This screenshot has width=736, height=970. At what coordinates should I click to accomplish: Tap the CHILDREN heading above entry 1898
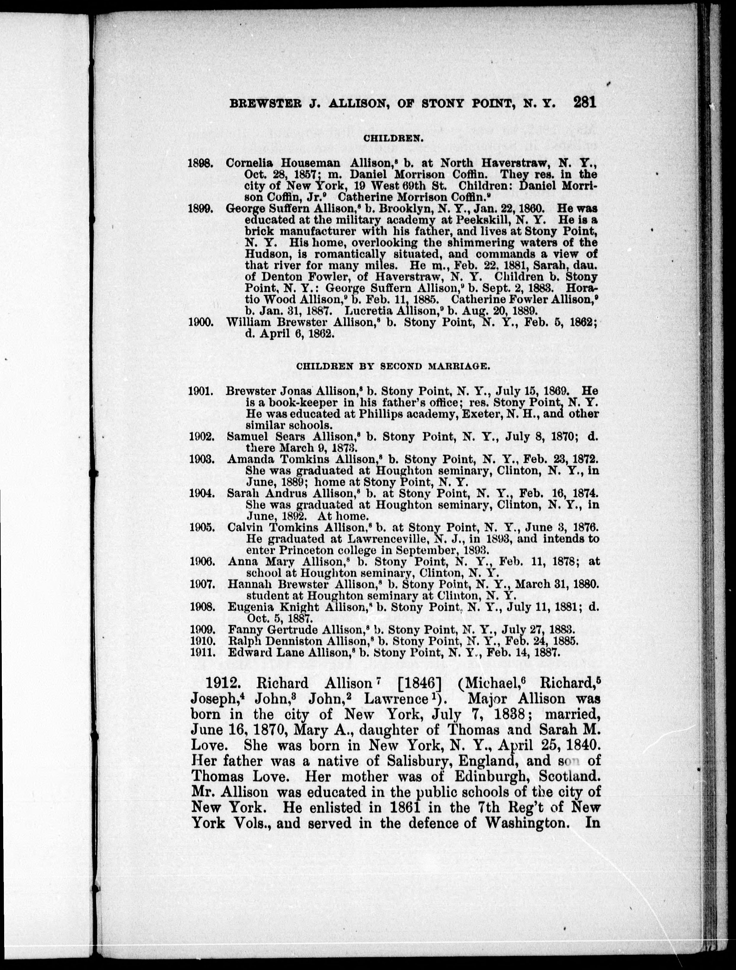(x=393, y=138)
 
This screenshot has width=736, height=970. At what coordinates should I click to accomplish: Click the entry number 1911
(x=202, y=652)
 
